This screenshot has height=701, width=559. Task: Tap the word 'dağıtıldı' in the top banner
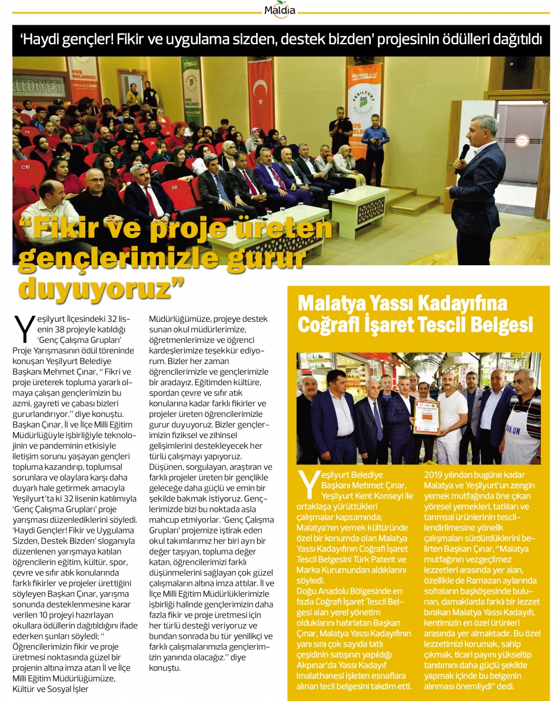point(514,41)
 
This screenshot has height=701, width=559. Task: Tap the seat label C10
point(25,167)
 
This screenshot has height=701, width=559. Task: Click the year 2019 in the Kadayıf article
point(436,475)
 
